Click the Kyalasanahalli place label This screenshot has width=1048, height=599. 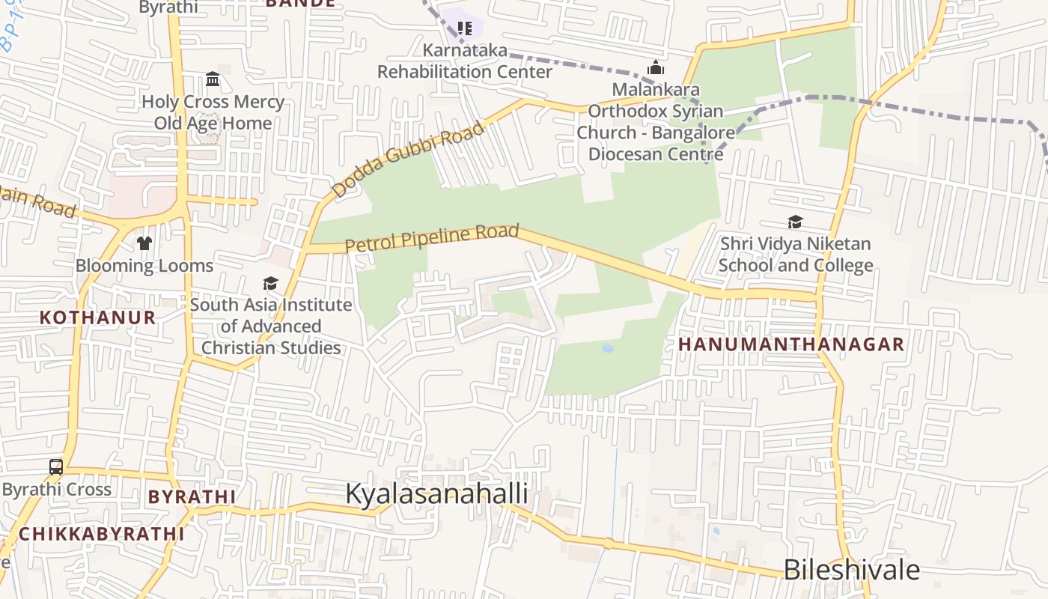point(436,494)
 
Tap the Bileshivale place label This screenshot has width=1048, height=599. point(851,570)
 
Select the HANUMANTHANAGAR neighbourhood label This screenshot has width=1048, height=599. point(791,344)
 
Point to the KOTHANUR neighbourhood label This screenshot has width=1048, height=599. point(97,317)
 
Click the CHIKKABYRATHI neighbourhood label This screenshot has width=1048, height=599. point(101,534)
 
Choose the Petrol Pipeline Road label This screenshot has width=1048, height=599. point(432,237)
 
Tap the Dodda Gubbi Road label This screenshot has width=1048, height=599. point(408,161)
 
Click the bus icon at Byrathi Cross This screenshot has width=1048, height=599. point(56,467)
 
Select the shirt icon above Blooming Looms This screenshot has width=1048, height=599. point(144,243)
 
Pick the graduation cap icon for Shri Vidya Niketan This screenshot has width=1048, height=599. point(795,222)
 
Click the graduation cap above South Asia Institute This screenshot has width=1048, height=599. point(270,283)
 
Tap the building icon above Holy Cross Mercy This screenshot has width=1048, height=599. point(213,79)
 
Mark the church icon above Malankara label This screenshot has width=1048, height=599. point(656,68)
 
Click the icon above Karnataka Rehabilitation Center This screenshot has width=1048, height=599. point(465,28)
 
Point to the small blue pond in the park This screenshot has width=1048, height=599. point(607,348)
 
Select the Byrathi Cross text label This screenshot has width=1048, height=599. point(56,490)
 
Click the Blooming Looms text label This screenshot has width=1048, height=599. point(144,265)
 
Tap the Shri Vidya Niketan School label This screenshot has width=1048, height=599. point(795,255)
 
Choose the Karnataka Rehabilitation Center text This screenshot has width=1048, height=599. point(465,61)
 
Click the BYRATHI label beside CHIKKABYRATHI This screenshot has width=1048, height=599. point(192,497)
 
